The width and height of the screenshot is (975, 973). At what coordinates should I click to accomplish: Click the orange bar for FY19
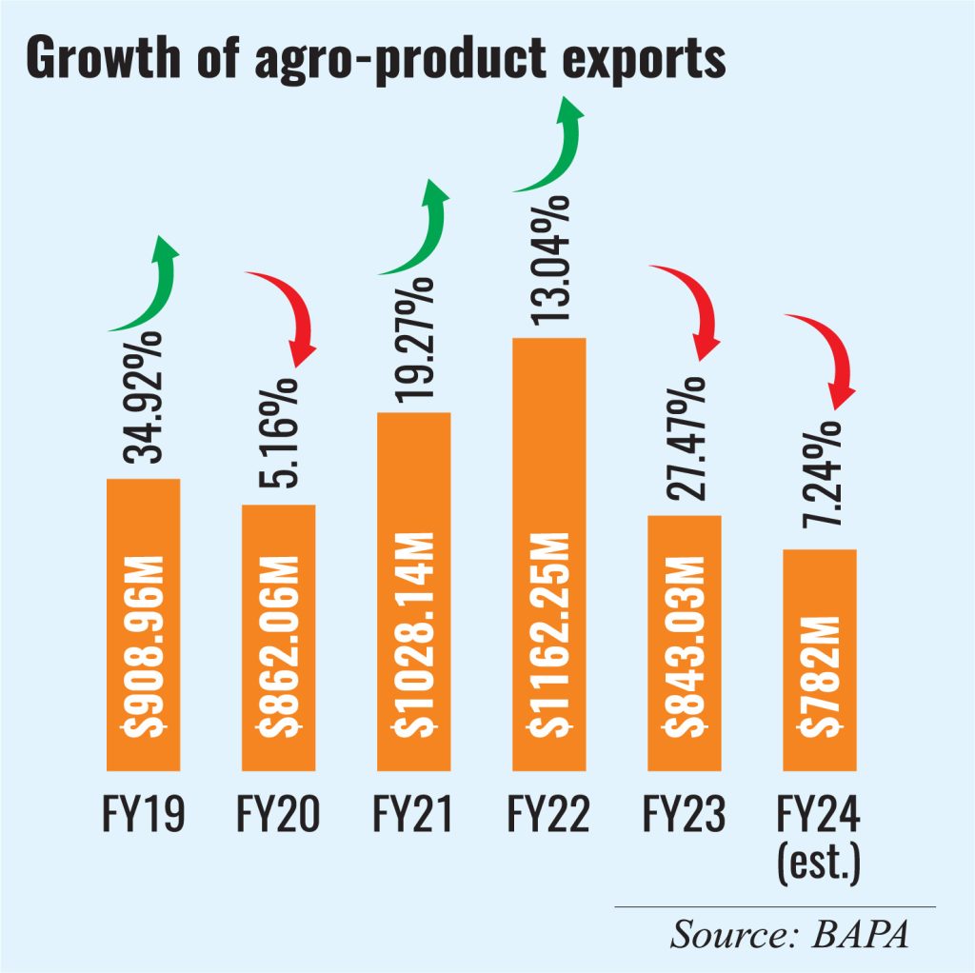[x=143, y=624]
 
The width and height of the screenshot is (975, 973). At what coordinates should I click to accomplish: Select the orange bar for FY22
[x=548, y=552]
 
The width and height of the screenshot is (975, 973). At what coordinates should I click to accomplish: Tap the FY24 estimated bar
[x=819, y=659]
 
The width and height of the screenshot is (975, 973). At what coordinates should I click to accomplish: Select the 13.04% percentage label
[x=549, y=262]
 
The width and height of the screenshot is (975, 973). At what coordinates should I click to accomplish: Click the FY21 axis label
[x=413, y=816]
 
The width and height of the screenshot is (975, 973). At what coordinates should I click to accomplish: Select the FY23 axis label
[x=684, y=816]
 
